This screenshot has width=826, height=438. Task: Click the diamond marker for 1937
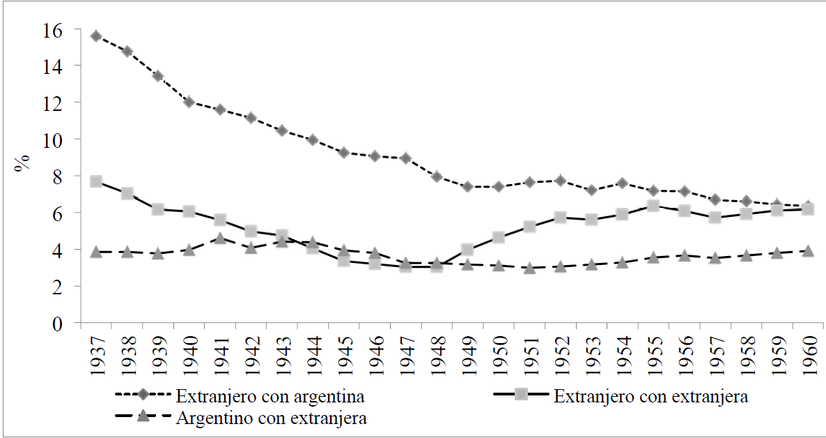pyautogui.click(x=96, y=36)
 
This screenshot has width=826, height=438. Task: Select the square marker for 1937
pyautogui.click(x=96, y=181)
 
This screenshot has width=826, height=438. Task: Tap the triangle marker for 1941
pyautogui.click(x=219, y=239)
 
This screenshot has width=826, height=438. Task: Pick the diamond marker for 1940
pyautogui.click(x=189, y=102)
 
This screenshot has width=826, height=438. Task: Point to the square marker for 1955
pyautogui.click(x=653, y=206)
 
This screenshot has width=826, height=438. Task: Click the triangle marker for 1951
pyautogui.click(x=529, y=268)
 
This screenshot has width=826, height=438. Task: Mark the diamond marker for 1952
pyautogui.click(x=560, y=181)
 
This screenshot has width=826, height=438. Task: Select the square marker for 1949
pyautogui.click(x=467, y=249)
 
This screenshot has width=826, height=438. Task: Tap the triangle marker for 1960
pyautogui.click(x=808, y=250)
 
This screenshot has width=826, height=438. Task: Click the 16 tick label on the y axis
pyautogui.click(x=52, y=30)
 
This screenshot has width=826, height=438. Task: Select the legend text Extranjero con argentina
pyautogui.click(x=270, y=398)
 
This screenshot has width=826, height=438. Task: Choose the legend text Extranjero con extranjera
pyautogui.click(x=650, y=398)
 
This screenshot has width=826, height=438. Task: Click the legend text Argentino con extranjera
pyautogui.click(x=272, y=418)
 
